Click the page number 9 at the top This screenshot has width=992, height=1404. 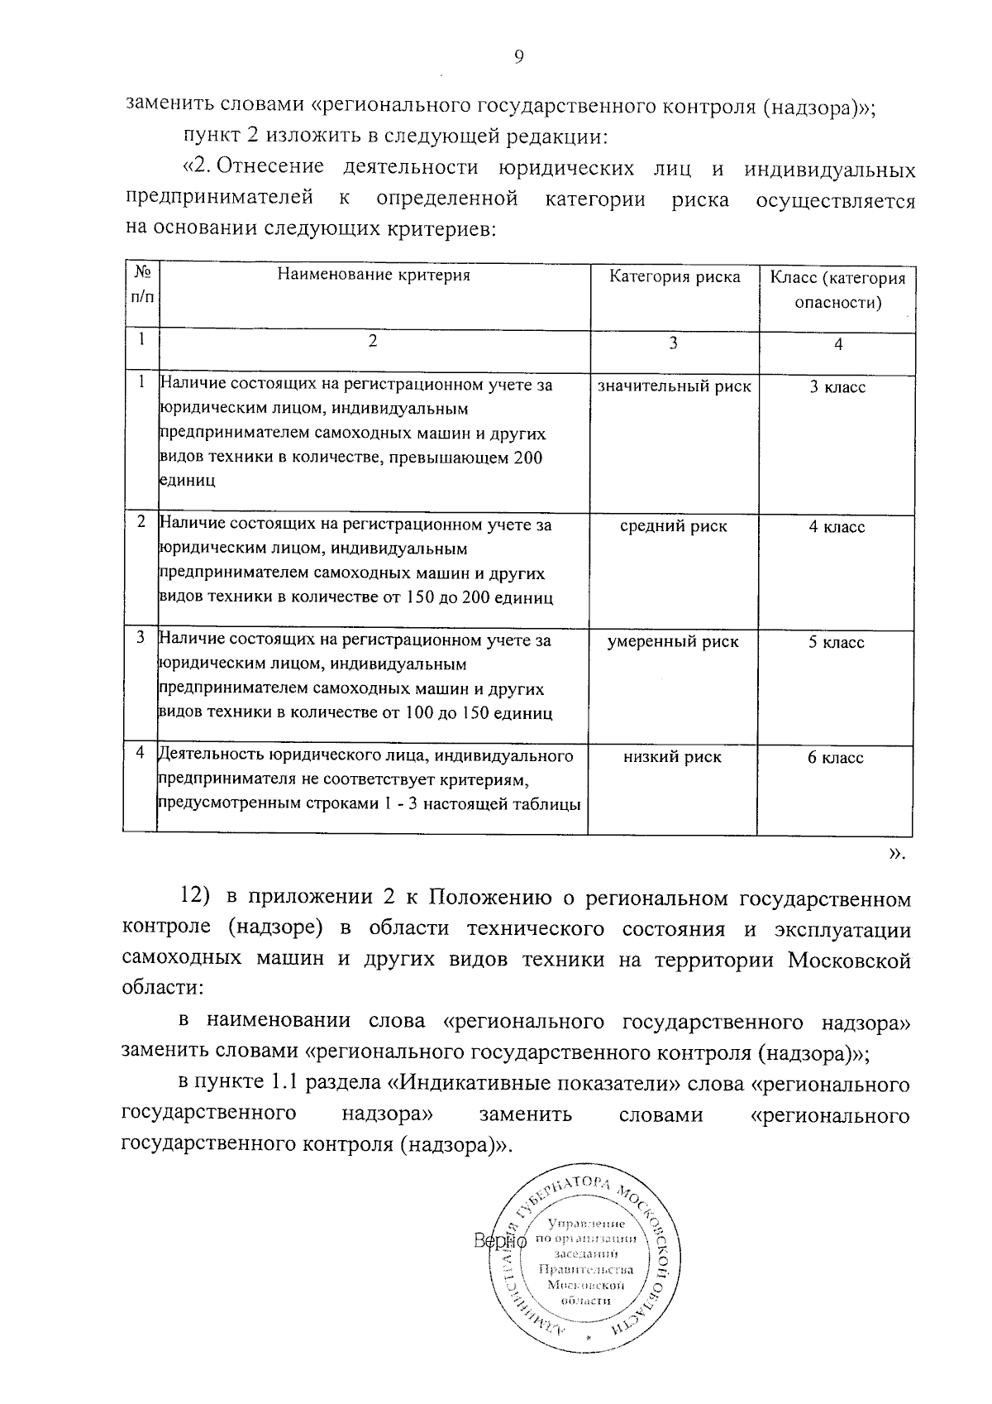[x=518, y=56]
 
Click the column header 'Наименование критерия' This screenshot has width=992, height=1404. [x=373, y=276]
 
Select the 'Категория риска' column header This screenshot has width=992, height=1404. [x=675, y=276]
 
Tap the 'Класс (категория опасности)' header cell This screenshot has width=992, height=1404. [x=837, y=290]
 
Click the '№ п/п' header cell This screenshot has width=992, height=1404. [x=141, y=282]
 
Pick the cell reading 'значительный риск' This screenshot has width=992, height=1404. [x=674, y=386]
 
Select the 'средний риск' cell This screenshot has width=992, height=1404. [x=674, y=526]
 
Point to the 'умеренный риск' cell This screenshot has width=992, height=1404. [x=674, y=641]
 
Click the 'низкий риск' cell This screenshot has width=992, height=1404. [x=673, y=756]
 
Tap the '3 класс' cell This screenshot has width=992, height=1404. [x=837, y=387]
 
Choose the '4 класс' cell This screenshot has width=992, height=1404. [x=837, y=527]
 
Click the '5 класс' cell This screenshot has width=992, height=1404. [x=837, y=642]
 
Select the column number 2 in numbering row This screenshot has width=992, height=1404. [x=373, y=340]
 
